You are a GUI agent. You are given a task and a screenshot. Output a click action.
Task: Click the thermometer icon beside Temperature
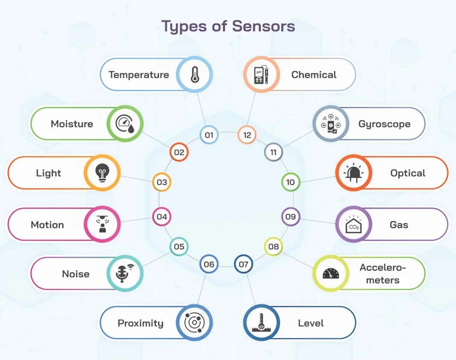tap(195, 75)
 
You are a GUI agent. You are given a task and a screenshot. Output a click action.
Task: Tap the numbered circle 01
tap(209, 135)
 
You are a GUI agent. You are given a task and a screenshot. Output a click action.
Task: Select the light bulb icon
tap(102, 173)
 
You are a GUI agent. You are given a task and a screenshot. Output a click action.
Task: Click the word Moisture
tap(72, 124)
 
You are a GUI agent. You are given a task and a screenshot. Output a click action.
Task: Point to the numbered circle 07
tap(243, 264)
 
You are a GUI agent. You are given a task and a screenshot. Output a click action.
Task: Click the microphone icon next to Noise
tap(124, 274)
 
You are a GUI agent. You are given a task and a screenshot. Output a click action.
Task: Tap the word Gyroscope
tap(384, 124)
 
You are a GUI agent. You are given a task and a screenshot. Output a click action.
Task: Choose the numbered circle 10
tap(290, 182)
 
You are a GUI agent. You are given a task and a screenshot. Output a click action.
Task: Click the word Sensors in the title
tap(264, 27)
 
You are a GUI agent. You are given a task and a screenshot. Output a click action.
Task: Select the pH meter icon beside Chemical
tap(261, 75)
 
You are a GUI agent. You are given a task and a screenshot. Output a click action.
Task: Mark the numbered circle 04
tap(162, 217)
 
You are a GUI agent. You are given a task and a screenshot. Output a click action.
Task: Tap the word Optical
tap(408, 173)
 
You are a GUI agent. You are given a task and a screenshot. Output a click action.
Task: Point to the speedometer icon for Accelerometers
tap(331, 274)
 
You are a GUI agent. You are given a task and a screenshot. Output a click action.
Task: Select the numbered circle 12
tap(247, 135)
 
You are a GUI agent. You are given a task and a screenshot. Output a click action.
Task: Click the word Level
tap(311, 323)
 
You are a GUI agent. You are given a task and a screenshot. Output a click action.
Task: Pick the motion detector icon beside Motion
tap(102, 224)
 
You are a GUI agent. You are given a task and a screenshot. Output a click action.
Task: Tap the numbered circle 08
tap(273, 247)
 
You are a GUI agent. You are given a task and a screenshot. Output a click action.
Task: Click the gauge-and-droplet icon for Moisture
tap(124, 124)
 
